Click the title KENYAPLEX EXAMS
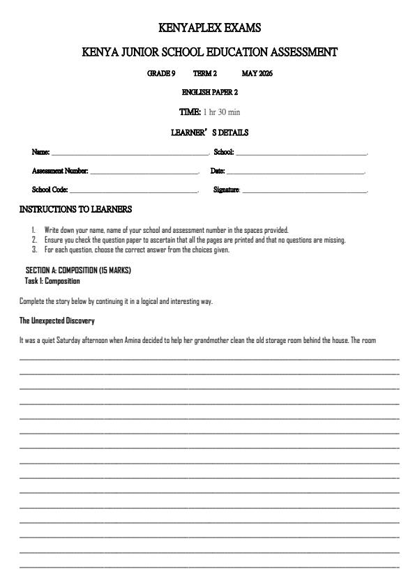[x=210, y=28]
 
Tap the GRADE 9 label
[x=161, y=73]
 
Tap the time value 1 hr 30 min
[x=222, y=112]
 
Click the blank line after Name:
[x=130, y=153]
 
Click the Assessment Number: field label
[x=60, y=171]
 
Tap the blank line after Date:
[x=296, y=171]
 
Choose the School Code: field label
[x=50, y=190]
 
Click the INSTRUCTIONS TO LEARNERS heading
[x=75, y=209]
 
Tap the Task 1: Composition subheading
[x=52, y=281]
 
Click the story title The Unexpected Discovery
[x=56, y=321]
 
